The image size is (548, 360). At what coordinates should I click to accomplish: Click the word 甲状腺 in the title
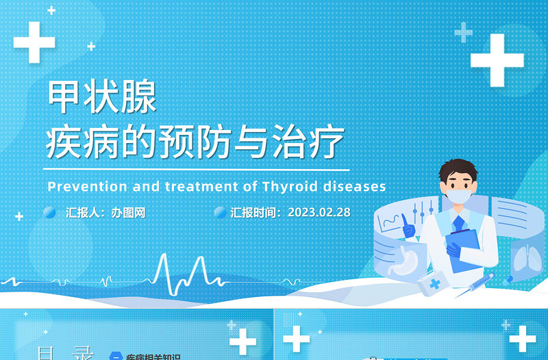(x=101, y=97)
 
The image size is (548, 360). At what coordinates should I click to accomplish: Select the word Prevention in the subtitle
(x=78, y=186)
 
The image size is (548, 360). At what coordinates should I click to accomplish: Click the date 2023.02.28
(x=319, y=212)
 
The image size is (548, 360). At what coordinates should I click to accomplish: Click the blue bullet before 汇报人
(x=49, y=213)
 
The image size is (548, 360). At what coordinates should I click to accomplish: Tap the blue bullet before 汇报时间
(x=220, y=213)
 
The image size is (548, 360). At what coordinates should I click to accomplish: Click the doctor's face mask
(x=460, y=196)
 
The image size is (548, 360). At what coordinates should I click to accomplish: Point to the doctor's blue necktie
(x=459, y=223)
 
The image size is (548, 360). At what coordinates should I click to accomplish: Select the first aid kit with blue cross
(x=434, y=284)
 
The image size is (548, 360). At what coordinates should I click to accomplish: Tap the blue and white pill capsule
(x=508, y=280)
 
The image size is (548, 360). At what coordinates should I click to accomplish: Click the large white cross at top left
(x=34, y=42)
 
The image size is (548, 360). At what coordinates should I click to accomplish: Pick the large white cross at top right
(x=497, y=60)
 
